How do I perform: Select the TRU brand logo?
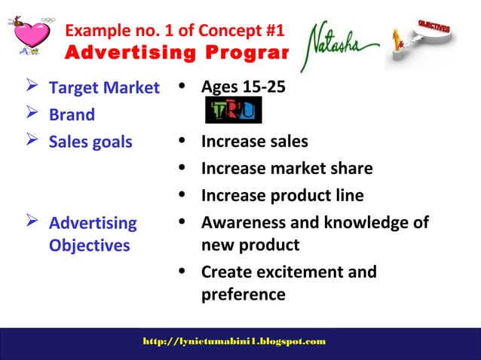click(x=234, y=112)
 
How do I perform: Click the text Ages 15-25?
click(x=243, y=87)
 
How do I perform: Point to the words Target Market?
click(x=104, y=88)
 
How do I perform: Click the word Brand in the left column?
click(x=72, y=115)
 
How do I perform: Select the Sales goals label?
click(x=90, y=142)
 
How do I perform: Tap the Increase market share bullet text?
click(x=286, y=169)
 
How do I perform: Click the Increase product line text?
click(x=282, y=196)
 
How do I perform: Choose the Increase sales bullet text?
click(x=254, y=142)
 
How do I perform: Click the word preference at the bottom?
click(x=243, y=294)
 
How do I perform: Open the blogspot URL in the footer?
click(x=234, y=342)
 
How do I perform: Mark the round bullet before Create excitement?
click(x=182, y=272)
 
